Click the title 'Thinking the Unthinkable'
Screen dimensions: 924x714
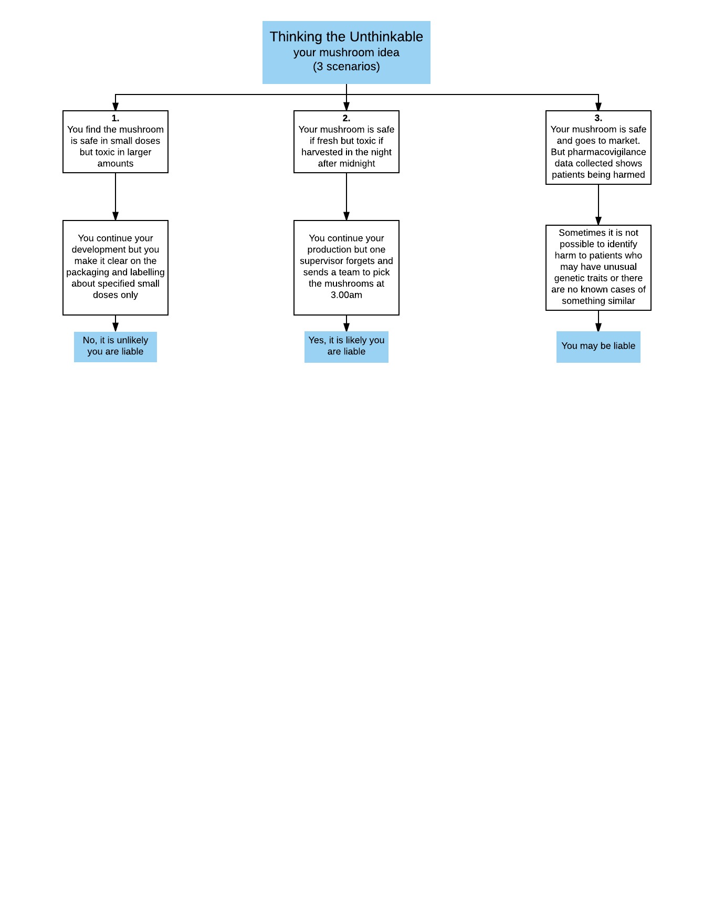click(x=346, y=37)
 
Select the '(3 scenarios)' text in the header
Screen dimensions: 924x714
click(x=346, y=67)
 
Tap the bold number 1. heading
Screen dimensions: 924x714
click(x=115, y=118)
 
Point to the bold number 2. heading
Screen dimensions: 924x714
click(x=346, y=118)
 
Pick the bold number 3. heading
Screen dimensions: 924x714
click(x=598, y=118)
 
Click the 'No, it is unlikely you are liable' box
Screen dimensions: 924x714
click(x=115, y=346)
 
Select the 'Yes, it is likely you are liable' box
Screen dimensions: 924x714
click(x=346, y=346)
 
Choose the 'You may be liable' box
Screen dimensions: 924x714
click(x=598, y=346)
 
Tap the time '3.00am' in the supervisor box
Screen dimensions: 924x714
click(x=346, y=295)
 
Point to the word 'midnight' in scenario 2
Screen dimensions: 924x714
click(x=358, y=164)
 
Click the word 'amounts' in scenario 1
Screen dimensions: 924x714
click(x=115, y=164)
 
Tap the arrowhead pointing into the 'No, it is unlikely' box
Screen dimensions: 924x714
click(x=115, y=327)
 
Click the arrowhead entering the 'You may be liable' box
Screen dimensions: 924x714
click(x=598, y=327)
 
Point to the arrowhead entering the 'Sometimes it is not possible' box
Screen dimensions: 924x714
click(x=598, y=220)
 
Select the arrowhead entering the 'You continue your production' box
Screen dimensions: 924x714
click(x=346, y=216)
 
